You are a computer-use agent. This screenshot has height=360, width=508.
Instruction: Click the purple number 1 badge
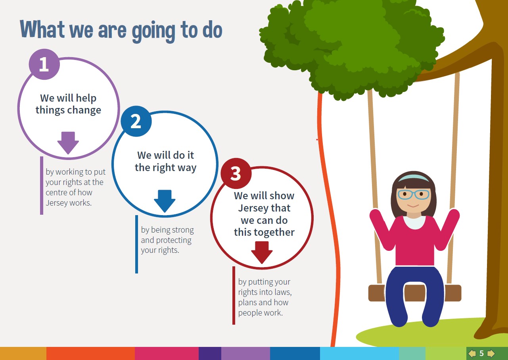pos(44,64)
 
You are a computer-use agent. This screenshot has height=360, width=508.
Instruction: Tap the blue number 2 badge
pos(136,121)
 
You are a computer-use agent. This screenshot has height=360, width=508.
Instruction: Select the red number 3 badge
pos(236,173)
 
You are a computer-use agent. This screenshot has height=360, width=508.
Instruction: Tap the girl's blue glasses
pos(413,194)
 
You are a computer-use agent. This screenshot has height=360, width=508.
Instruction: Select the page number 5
pos(481,353)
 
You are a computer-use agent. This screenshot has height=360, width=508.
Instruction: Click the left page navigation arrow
pos(472,353)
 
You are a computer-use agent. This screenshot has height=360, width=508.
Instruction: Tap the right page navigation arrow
pos(491,353)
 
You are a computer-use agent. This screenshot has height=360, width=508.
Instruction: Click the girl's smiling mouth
pos(413,206)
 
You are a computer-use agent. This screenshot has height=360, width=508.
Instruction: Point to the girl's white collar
pos(414,222)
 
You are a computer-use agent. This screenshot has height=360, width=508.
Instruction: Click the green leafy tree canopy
pos(351,45)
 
